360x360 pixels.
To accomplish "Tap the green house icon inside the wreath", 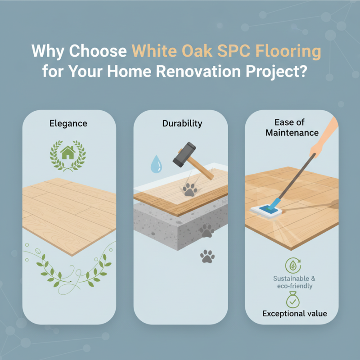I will (x=67, y=153).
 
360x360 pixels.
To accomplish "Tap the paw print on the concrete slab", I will (x=207, y=231).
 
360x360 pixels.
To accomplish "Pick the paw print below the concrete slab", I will (x=207, y=257).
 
